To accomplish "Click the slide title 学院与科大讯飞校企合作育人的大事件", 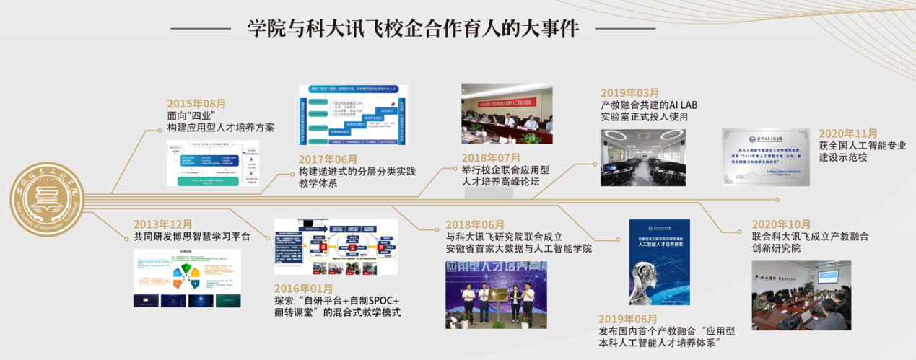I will pos(413,29).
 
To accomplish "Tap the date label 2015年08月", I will pos(196,103).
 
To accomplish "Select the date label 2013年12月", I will pos(163,224).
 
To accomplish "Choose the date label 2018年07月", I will pos(491,157).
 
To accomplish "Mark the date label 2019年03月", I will pos(630,92).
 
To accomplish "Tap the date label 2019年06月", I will pos(628,319).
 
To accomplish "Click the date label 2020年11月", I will pos(848,133).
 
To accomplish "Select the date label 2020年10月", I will pos(781,224).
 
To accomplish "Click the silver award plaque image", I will pos(767,157).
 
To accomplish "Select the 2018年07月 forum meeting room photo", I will pos(507,114).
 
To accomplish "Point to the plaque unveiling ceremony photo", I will pos(496,294).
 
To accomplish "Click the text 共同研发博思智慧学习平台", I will pos(192,236).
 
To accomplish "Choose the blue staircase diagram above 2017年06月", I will pos(352,115).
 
